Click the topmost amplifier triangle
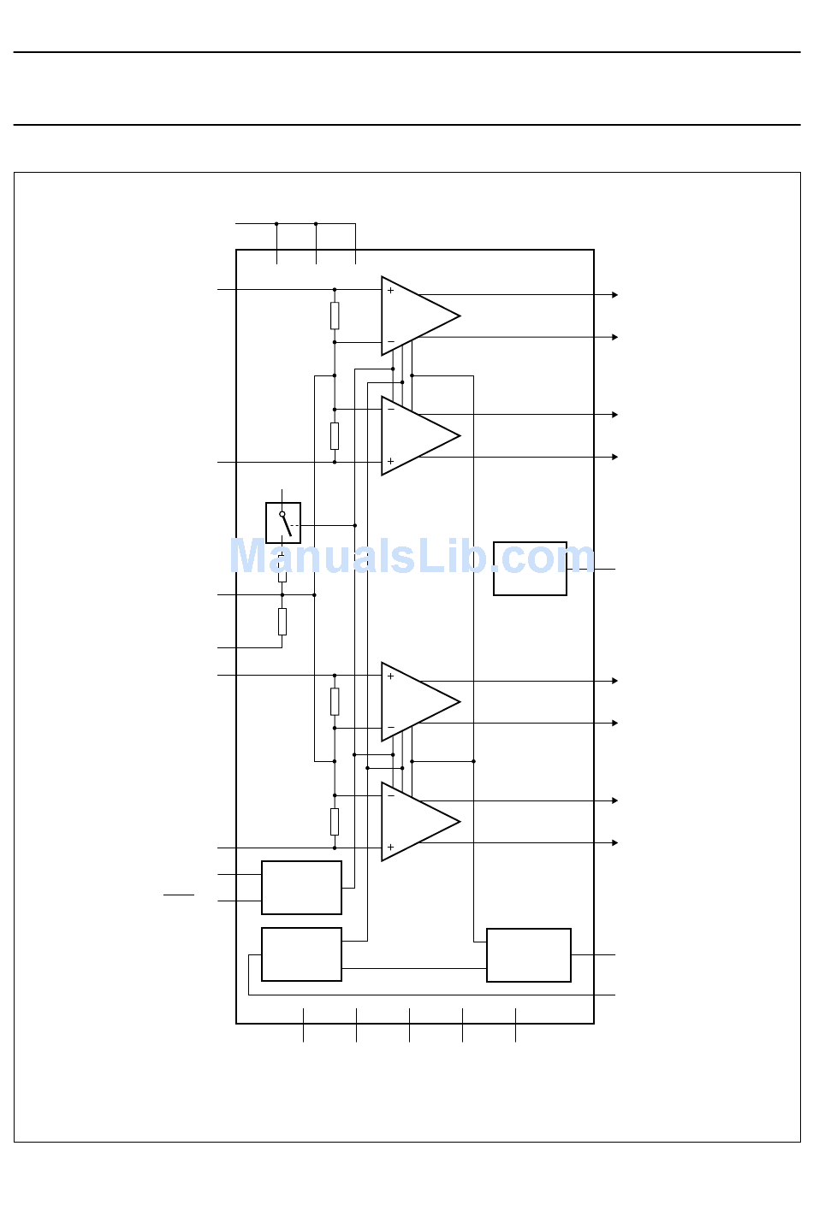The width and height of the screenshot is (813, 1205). coord(420,316)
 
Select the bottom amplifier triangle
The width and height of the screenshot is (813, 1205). coord(420,822)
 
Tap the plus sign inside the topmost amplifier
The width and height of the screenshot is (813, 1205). coord(390,291)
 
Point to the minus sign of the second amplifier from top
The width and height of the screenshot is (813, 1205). coord(391,410)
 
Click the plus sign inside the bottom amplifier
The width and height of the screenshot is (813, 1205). coord(390,848)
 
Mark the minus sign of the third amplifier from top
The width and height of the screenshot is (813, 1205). coord(391,727)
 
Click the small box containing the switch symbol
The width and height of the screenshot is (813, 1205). coord(283,523)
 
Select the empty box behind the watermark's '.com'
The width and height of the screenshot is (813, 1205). coord(530,569)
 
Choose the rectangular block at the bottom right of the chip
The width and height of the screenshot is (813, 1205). coord(529,955)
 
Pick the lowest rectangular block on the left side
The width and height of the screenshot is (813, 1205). coord(301,954)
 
